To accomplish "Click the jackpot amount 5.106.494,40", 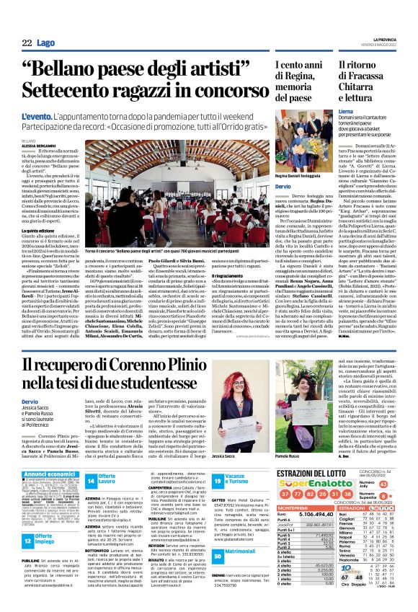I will tap(324, 536).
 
